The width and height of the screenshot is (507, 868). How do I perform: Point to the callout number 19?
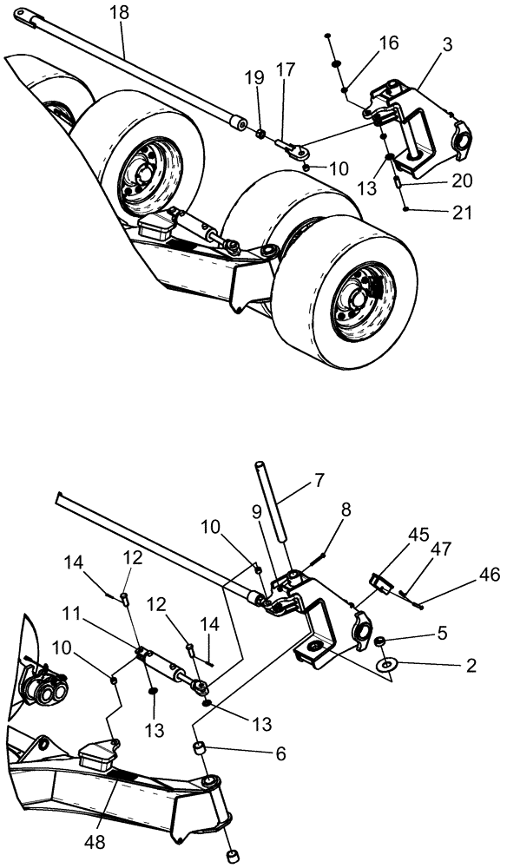pyautogui.click(x=253, y=77)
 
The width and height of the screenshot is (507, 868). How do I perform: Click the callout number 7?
pyautogui.click(x=319, y=478)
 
